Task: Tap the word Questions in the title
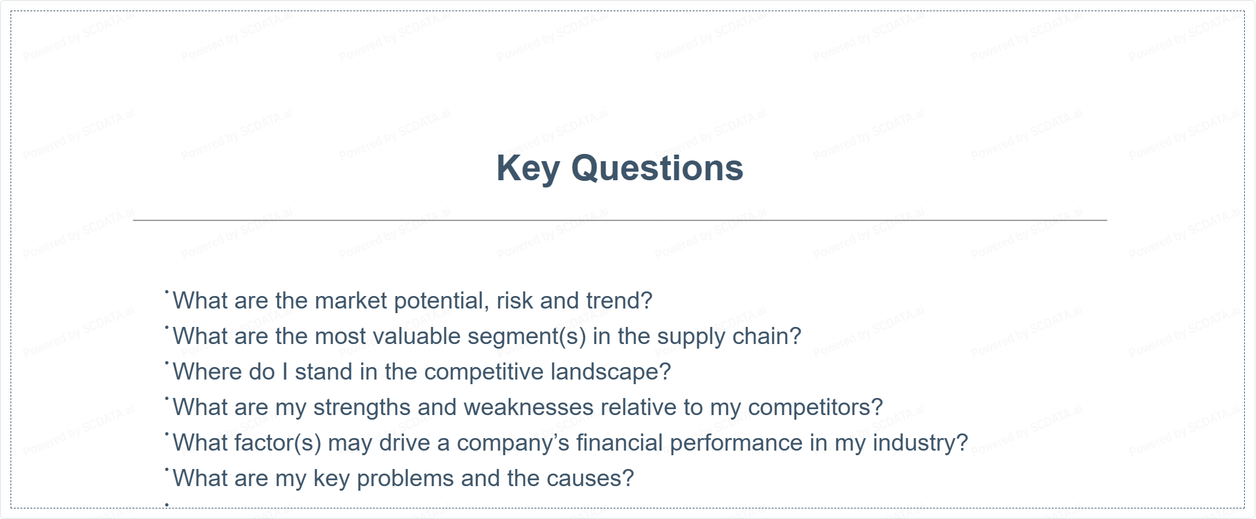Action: tap(657, 168)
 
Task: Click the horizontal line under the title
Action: tap(619, 220)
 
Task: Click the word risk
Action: tap(515, 301)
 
